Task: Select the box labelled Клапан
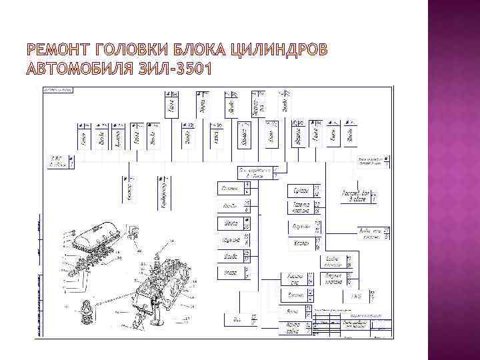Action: [301, 243]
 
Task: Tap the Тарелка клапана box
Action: [301, 207]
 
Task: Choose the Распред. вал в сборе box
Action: [356, 195]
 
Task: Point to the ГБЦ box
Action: [356, 295]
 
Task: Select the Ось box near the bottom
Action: [237, 321]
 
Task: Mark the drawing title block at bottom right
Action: [350, 325]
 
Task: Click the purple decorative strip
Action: [453, 180]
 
